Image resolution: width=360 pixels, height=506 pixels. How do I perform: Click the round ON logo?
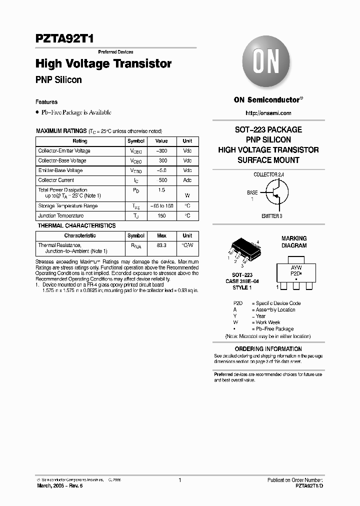267,63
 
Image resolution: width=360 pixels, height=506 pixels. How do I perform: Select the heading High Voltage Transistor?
103,64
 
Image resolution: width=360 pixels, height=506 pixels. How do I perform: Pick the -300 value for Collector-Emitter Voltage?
161,151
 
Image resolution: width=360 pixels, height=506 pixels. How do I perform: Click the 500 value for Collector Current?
161,180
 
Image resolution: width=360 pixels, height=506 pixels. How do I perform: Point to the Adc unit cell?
187,180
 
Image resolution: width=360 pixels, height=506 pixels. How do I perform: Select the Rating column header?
80,141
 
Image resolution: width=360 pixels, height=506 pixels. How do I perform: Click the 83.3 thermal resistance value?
161,246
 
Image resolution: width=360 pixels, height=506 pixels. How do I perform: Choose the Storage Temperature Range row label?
68,206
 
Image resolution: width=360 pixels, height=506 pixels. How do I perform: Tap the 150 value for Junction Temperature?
161,216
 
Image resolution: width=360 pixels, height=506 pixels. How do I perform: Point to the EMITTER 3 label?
271,216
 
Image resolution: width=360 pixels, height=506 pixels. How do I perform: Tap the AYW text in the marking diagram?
296,268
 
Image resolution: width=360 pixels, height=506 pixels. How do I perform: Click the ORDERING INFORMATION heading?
268,349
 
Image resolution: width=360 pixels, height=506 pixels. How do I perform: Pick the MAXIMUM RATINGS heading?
61,131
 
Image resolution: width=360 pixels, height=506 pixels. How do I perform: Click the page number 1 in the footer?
179,480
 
